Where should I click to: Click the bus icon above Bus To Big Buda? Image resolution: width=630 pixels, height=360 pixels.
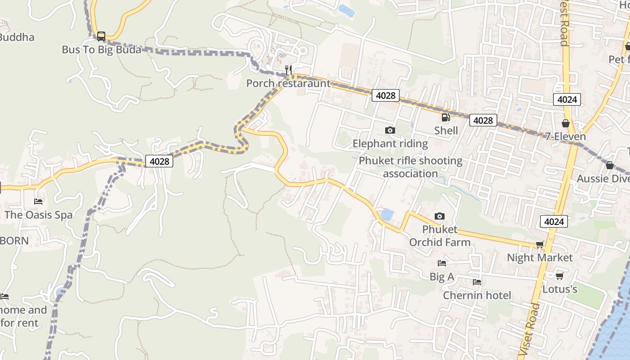[x=101, y=36]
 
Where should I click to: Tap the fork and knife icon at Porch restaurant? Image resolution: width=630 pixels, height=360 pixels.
[x=288, y=70]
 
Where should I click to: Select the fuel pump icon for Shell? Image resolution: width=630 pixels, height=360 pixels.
[x=445, y=117]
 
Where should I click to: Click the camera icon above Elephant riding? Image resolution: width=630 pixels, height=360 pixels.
[x=390, y=130]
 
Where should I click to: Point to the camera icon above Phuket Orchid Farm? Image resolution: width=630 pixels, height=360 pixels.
[x=440, y=216]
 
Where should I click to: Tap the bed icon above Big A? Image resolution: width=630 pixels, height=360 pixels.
[x=442, y=263]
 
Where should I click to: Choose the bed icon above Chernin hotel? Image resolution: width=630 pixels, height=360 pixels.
[x=477, y=282]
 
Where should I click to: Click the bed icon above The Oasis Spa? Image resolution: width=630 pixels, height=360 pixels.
[x=39, y=202]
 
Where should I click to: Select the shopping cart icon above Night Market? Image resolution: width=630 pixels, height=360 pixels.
[x=540, y=244]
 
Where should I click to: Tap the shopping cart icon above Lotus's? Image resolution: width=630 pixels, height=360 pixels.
[x=559, y=276]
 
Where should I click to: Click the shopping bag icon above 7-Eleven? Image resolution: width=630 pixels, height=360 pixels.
[x=566, y=123]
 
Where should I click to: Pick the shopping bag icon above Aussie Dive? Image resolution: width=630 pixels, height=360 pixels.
[x=609, y=165]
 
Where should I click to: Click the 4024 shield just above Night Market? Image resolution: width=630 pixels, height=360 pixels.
[x=553, y=221]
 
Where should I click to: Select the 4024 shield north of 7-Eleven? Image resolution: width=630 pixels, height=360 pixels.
[x=567, y=99]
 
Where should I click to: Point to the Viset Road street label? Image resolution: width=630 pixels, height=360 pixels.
[x=529, y=328]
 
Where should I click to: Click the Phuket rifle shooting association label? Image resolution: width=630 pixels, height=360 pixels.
[x=410, y=167]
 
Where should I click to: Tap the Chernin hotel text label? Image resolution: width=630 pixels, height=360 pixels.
[x=477, y=295]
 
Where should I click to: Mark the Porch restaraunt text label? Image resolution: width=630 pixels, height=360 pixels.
[x=288, y=83]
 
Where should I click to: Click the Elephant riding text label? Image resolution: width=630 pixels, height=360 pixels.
[x=390, y=144]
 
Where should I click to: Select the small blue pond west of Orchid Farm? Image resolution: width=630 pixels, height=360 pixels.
[x=387, y=214]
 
